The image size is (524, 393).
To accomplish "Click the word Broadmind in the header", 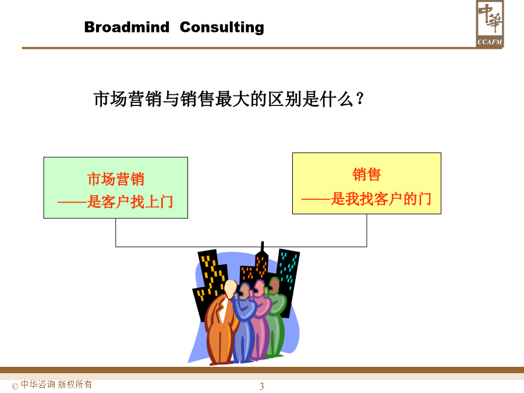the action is coord(127,27).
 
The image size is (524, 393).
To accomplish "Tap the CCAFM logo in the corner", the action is coord(490,23).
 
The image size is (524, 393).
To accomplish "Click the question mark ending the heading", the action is coord(360,99).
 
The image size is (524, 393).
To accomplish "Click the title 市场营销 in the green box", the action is coord(116,179).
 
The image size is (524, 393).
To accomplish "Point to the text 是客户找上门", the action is coord(130,202).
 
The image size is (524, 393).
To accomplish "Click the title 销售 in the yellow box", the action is coord(367,175).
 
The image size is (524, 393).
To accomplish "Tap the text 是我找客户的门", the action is coord(381,199).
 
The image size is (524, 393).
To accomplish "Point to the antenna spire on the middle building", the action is coord(263,247).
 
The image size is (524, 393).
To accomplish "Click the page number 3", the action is coord(261,386).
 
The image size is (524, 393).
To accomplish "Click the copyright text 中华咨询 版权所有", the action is coord(56,385).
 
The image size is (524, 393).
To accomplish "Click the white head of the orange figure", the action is coord(230,289).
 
